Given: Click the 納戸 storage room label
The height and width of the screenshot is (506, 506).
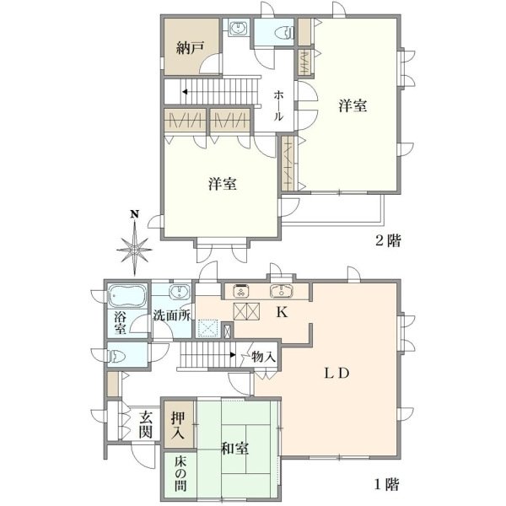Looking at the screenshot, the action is [190, 48].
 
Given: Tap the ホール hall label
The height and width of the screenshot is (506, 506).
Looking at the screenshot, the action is [278, 106].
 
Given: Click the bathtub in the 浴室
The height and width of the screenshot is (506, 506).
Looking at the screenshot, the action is [127, 296].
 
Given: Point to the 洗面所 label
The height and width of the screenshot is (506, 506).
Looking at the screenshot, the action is [172, 315].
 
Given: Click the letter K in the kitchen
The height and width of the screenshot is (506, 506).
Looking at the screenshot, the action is [282, 312].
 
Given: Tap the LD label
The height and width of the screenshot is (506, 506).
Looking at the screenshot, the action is [336, 374].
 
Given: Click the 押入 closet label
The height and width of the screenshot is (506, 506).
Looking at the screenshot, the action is [178, 425].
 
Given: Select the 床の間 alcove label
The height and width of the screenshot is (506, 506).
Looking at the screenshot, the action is [180, 475].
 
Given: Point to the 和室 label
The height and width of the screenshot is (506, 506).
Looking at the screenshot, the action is [234, 449].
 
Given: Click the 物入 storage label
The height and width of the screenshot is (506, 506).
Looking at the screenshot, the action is [263, 357].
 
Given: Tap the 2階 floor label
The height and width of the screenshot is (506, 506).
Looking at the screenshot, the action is [388, 240].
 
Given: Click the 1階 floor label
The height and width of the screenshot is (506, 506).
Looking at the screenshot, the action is [386, 484].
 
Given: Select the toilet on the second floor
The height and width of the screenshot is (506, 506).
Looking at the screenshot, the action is [284, 33].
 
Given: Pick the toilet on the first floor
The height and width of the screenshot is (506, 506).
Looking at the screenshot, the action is [117, 357].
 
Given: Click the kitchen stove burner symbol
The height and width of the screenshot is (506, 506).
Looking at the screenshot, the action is [240, 291].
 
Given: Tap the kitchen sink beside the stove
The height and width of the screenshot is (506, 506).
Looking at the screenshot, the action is [282, 291].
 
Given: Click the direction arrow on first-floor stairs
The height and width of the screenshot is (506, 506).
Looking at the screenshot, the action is [233, 355].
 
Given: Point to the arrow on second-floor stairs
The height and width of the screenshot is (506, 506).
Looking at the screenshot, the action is [185, 92].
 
